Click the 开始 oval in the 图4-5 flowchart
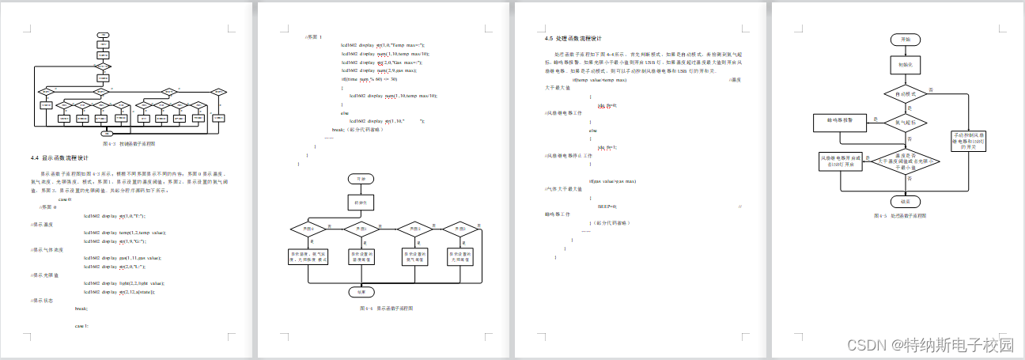(905, 39)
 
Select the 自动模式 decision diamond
(905, 93)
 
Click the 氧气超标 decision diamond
(905, 123)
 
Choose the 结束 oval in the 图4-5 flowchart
(905, 201)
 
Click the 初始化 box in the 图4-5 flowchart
(905, 64)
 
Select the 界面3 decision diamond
(460, 229)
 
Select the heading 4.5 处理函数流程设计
(573, 38)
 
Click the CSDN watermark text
(929, 345)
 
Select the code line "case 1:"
(81, 326)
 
